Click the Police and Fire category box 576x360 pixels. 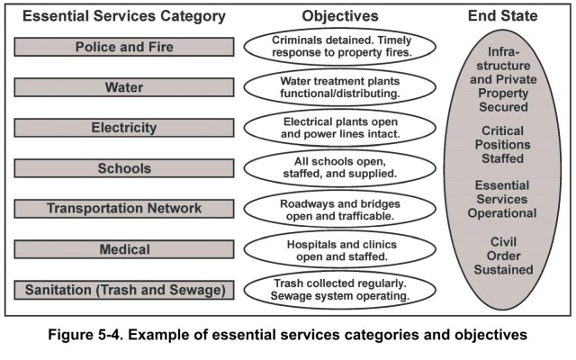(x=124, y=47)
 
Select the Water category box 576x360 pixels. (x=124, y=87)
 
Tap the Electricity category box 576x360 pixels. (x=124, y=128)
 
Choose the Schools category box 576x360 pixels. (x=124, y=168)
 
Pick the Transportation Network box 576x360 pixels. (x=124, y=209)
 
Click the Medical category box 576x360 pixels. (x=124, y=249)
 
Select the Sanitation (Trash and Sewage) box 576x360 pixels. (x=124, y=290)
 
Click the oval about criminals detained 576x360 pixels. (x=333, y=48)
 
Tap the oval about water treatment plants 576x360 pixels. (x=333, y=88)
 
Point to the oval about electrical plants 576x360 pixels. (x=333, y=128)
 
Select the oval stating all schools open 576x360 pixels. (x=333, y=168)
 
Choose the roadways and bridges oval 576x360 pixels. (x=333, y=209)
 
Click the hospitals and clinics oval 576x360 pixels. (x=333, y=249)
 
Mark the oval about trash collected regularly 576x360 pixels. (x=333, y=290)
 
